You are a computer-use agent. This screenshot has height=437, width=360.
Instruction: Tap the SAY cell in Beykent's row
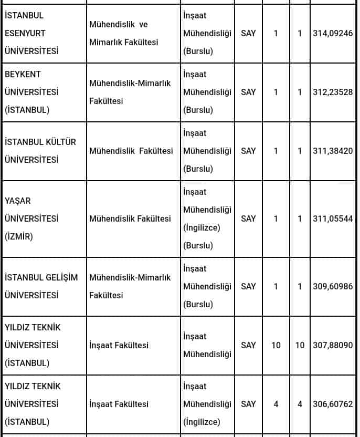click(248, 92)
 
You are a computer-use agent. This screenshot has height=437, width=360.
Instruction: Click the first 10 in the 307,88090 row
click(276, 345)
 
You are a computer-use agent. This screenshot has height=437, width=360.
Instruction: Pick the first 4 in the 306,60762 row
click(276, 404)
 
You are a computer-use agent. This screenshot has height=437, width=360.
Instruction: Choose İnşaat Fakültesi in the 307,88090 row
click(119, 345)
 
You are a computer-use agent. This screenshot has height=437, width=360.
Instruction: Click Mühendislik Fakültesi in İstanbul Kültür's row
click(131, 151)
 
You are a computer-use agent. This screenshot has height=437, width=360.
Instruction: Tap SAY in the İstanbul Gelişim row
click(248, 286)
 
